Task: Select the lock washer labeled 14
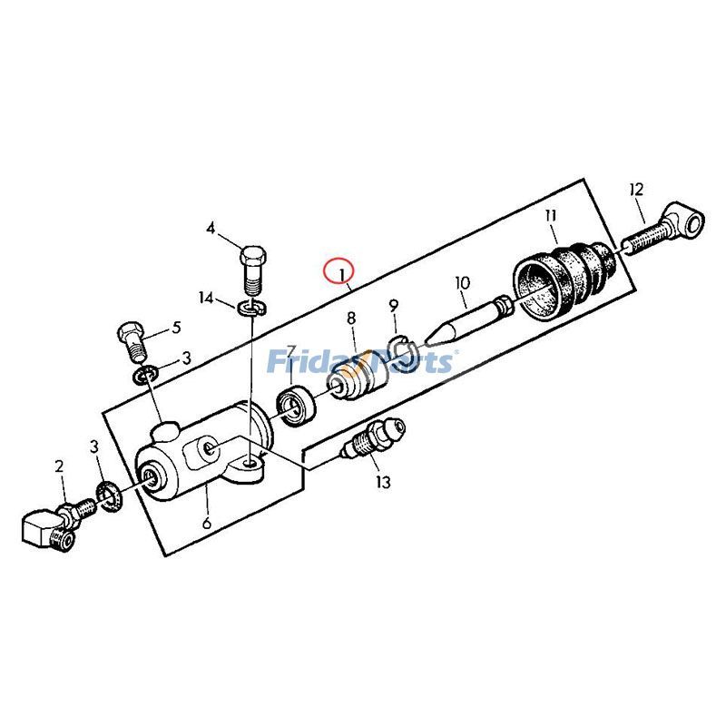[251, 308]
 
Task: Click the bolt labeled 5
[132, 341]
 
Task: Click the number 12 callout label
[637, 190]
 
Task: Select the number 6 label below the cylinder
[207, 523]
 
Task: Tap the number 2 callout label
[59, 466]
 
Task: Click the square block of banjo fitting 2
[40, 529]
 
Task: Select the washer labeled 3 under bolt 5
[146, 375]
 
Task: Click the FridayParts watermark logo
[360, 362]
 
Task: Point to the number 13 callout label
[383, 482]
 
